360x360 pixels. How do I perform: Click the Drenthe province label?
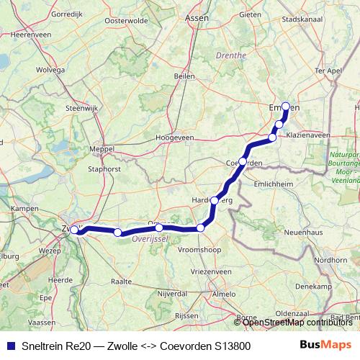pos(230,55)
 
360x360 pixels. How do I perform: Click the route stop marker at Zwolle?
pos(74,230)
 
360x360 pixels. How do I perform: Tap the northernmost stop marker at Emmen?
pos(285,107)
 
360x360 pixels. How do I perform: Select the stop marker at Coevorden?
pos(243,161)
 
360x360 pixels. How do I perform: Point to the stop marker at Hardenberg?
pos(215,201)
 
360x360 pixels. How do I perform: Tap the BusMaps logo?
pos(326,345)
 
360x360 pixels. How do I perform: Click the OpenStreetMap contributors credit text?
pos(297,323)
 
